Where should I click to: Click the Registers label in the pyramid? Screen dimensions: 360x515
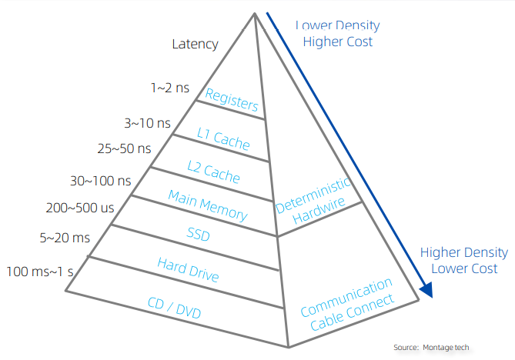pyautogui.click(x=232, y=99)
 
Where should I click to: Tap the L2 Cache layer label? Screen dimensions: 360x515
pyautogui.click(x=214, y=170)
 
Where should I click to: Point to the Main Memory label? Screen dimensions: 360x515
pyautogui.click(x=208, y=205)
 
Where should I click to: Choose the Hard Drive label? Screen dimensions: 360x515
pyautogui.click(x=189, y=270)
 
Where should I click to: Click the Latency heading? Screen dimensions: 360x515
pyautogui.click(x=195, y=44)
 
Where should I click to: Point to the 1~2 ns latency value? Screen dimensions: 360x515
pyautogui.click(x=170, y=88)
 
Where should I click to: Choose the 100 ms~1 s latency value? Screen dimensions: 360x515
pyautogui.click(x=40, y=271)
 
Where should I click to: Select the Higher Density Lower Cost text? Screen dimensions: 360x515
pyautogui.click(x=463, y=260)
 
